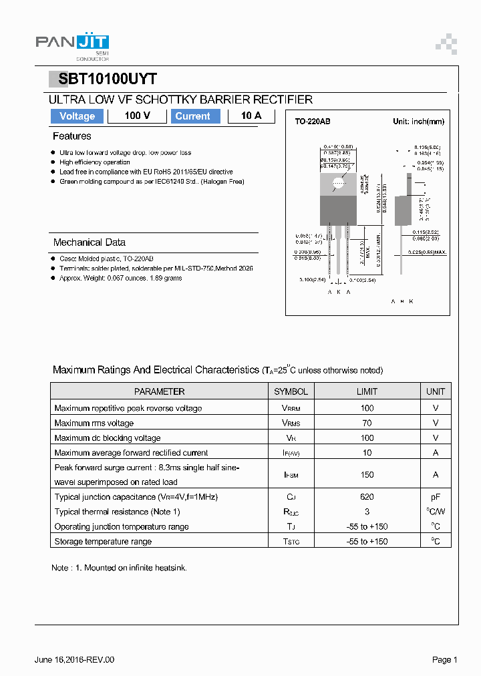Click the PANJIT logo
click(x=72, y=44)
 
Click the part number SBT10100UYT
click(x=108, y=79)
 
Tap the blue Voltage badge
click(x=77, y=116)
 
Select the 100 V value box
click(x=137, y=116)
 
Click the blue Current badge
click(x=192, y=116)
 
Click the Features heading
click(x=72, y=136)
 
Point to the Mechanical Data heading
click(x=90, y=242)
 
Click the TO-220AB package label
click(x=313, y=122)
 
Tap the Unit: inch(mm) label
click(x=418, y=122)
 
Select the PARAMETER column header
click(x=159, y=391)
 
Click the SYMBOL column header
click(x=291, y=391)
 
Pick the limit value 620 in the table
click(x=367, y=497)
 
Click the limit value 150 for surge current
click(x=367, y=474)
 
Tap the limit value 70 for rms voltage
click(x=367, y=423)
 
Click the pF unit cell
click(x=435, y=497)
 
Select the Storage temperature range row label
click(x=103, y=542)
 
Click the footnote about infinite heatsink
click(x=119, y=568)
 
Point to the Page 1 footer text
click(x=444, y=660)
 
